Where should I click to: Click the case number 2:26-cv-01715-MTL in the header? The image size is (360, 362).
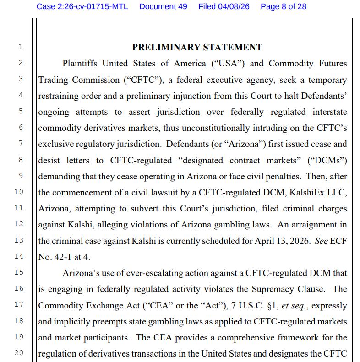point(82,6)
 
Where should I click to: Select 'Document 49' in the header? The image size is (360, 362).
point(163,6)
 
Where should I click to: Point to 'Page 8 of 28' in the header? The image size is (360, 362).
point(284,6)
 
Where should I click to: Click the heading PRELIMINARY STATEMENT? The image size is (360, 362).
point(197,47)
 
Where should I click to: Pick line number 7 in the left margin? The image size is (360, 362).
point(21,144)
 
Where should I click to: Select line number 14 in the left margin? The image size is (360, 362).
point(19,256)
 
